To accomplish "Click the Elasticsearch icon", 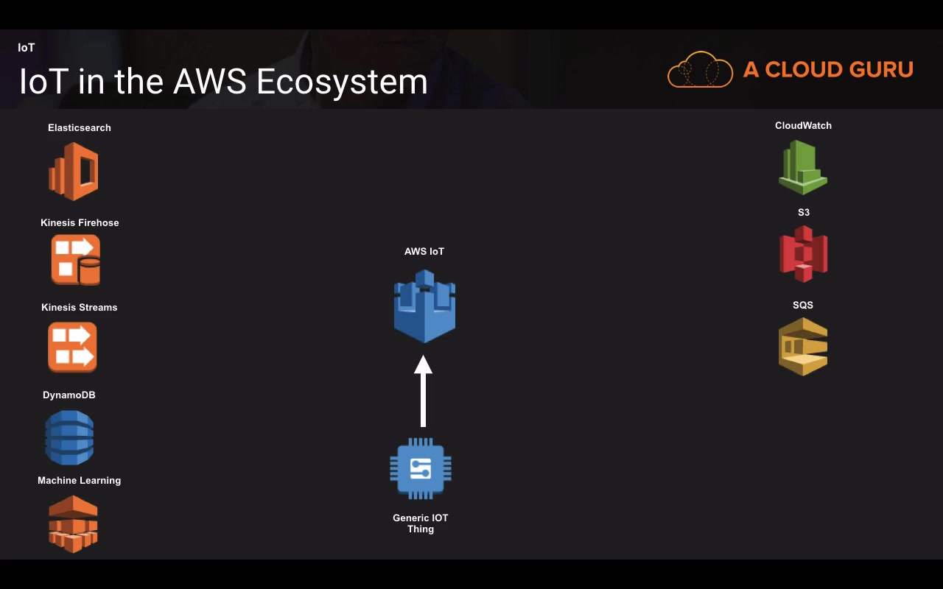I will point(74,172).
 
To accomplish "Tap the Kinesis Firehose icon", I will point(75,260).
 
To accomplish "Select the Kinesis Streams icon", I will point(72,347).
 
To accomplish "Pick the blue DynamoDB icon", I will point(69,437).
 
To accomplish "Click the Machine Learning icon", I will point(73,523).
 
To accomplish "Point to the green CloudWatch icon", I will point(802,167).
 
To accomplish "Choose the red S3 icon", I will point(803,254).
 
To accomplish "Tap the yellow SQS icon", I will point(803,346).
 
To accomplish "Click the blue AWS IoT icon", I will point(424,306).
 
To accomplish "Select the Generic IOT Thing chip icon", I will point(421,468).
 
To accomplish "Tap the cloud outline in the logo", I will point(700,70).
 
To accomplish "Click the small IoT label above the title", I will point(27,48).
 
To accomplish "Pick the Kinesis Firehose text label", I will point(80,222).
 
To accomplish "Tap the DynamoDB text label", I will point(69,395).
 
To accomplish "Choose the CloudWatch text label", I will point(803,126).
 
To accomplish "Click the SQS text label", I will point(803,305).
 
